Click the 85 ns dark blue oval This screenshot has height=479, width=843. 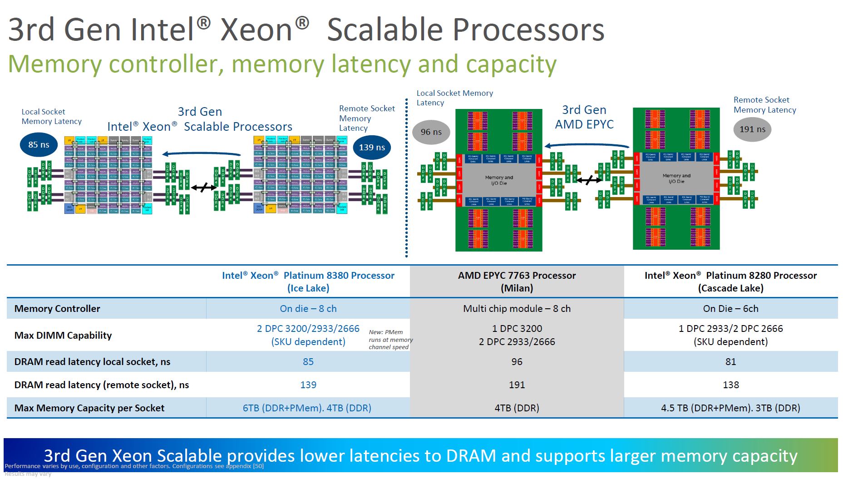pos(39,145)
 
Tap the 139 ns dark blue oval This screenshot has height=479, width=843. pos(372,147)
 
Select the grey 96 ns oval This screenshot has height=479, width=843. pos(431,132)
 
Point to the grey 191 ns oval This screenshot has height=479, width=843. pos(752,129)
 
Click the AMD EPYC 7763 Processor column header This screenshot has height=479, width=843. pos(517,281)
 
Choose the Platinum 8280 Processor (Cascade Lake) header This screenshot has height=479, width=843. pos(730,281)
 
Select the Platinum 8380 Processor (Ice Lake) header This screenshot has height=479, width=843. pos(308,281)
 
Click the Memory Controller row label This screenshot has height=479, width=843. pos(57,309)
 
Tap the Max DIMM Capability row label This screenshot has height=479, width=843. pos(63,335)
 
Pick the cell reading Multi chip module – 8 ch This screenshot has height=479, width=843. pos(517,309)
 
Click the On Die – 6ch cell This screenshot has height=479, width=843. pos(730,309)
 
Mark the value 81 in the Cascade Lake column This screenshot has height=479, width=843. pos(730,362)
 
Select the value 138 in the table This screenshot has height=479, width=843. pos(730,385)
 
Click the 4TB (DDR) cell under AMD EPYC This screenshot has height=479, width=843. pos(517,408)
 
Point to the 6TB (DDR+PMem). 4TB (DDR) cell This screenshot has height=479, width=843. pos(307,408)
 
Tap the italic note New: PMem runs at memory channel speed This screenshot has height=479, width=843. pos(390,340)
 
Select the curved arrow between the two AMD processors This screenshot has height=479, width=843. pos(587,145)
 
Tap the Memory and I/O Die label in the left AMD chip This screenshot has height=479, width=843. pos(499,180)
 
